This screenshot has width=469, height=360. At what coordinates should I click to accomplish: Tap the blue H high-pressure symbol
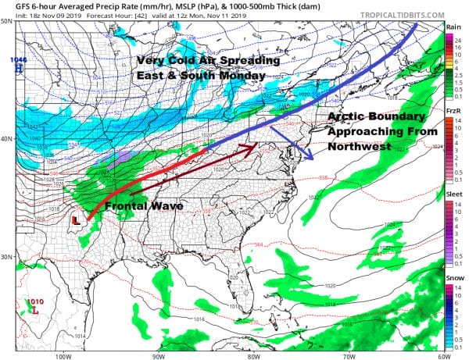click(17, 69)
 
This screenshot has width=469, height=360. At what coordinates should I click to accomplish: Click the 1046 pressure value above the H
click(17, 60)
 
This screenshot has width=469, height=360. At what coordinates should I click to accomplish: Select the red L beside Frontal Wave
click(76, 221)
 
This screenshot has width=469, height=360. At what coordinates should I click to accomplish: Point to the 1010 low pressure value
click(34, 301)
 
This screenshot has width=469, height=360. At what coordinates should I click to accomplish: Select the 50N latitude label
click(6, 21)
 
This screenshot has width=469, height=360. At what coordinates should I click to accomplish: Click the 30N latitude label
click(6, 258)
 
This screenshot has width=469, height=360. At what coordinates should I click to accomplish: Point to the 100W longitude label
click(63, 356)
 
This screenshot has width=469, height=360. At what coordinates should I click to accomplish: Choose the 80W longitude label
click(252, 356)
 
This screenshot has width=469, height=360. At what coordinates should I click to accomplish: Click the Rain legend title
click(453, 27)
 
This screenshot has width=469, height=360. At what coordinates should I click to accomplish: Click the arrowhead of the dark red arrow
click(257, 145)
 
